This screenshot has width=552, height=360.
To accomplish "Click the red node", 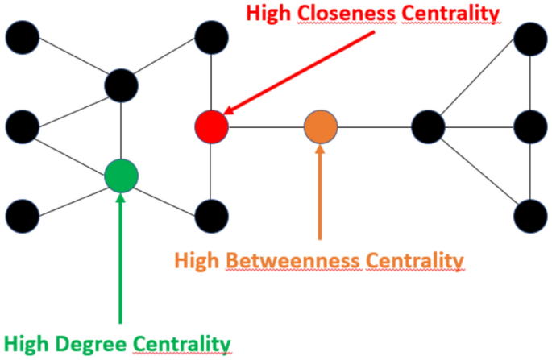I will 212,126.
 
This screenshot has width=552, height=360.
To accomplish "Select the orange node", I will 321,126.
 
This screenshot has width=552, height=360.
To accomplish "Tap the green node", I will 122,175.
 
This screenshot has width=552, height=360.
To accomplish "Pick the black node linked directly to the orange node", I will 428,126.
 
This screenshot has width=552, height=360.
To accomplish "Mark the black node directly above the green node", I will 121,84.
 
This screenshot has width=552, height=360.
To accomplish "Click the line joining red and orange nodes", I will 266,126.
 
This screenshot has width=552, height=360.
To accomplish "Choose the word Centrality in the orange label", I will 416,261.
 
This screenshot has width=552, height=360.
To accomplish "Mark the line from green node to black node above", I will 121,129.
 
